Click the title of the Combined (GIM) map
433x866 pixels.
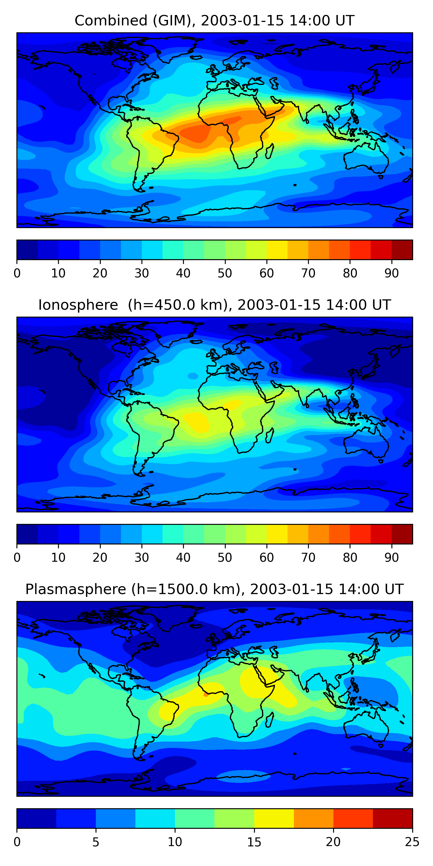(214, 20)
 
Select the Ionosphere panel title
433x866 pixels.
(214, 305)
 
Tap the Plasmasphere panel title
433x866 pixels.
(214, 589)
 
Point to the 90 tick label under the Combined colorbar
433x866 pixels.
(392, 273)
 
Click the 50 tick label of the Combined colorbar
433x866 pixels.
(225, 273)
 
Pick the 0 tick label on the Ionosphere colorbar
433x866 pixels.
(17, 557)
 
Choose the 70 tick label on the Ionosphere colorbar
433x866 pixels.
(308, 557)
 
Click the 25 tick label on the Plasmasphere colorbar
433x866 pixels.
(412, 842)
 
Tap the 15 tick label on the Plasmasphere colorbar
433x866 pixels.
(254, 842)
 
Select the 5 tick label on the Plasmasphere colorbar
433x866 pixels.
(96, 842)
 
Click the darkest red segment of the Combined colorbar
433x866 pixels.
(402, 250)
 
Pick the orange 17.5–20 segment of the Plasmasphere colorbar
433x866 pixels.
(313, 819)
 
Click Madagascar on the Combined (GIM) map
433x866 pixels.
(269, 151)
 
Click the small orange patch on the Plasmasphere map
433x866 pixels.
(206, 695)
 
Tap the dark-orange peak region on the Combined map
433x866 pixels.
(195, 133)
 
